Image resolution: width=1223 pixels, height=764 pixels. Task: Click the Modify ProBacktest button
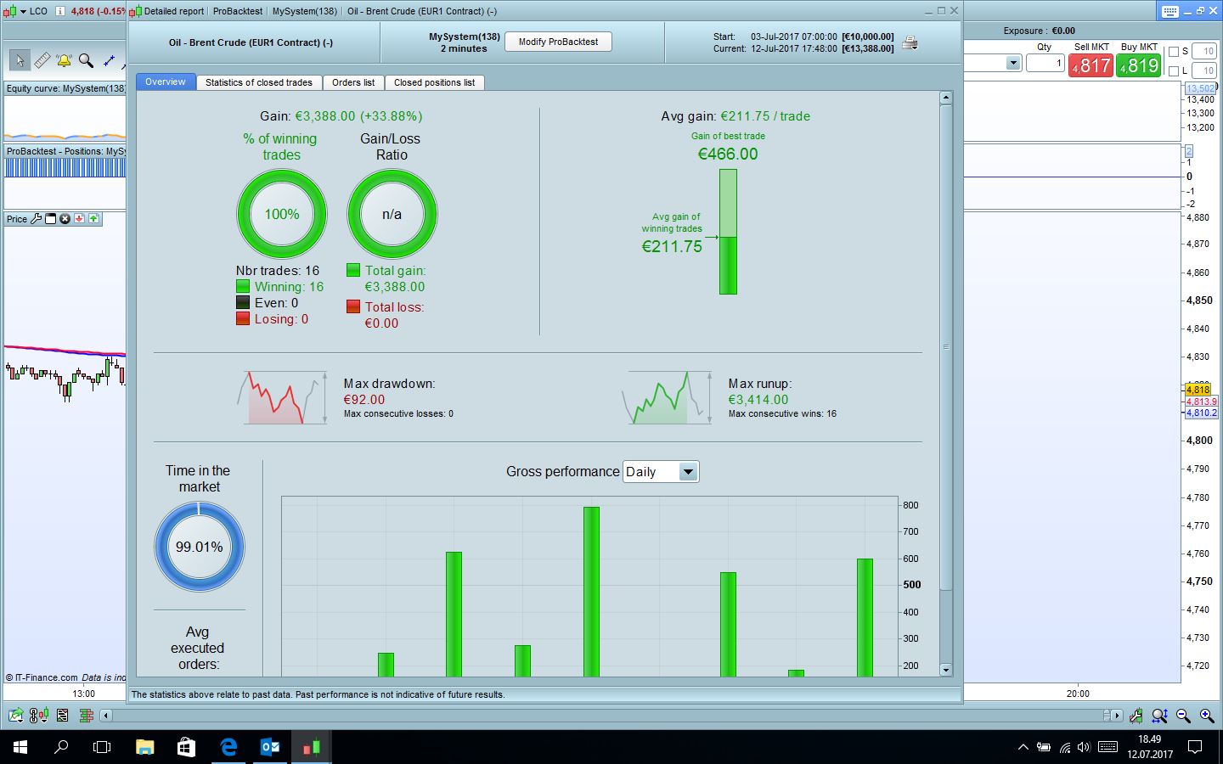click(x=558, y=42)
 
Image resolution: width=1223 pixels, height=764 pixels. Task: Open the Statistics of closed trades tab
click(x=259, y=82)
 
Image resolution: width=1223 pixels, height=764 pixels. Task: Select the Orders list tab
click(x=352, y=82)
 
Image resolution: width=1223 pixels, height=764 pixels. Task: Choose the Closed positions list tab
click(x=434, y=82)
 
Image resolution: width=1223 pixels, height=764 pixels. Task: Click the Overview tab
click(x=165, y=82)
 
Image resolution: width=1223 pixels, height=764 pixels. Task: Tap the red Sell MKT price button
click(x=1091, y=65)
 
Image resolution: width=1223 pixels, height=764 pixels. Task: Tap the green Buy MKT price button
click(x=1139, y=65)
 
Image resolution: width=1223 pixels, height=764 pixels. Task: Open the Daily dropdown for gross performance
click(x=661, y=472)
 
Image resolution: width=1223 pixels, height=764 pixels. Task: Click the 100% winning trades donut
click(x=281, y=214)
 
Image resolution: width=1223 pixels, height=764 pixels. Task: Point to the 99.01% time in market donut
click(x=200, y=547)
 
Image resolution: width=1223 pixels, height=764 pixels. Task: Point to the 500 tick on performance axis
click(x=912, y=585)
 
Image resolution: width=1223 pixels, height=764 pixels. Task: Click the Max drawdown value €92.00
click(x=364, y=400)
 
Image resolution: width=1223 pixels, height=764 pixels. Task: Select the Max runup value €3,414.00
click(x=758, y=400)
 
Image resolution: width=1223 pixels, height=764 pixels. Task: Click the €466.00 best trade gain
click(x=728, y=154)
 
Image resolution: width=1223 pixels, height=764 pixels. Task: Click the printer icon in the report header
click(x=910, y=42)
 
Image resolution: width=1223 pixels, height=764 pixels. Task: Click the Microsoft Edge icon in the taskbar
click(x=228, y=747)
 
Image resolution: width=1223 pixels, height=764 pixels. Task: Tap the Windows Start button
click(x=20, y=747)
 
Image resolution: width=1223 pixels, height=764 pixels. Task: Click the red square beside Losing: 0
click(x=243, y=319)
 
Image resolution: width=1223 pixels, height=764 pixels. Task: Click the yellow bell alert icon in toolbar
click(x=64, y=60)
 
